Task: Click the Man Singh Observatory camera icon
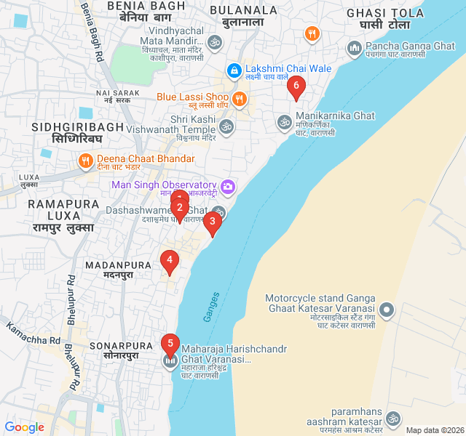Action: pos(228,186)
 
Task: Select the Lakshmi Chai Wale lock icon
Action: pos(234,70)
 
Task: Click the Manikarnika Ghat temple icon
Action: pos(284,121)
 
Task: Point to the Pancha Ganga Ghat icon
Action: pos(355,49)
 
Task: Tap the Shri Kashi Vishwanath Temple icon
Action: pos(226,126)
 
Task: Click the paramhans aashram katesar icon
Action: pos(393,419)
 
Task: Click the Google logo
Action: pos(25,427)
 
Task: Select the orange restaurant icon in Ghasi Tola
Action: pos(312,33)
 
